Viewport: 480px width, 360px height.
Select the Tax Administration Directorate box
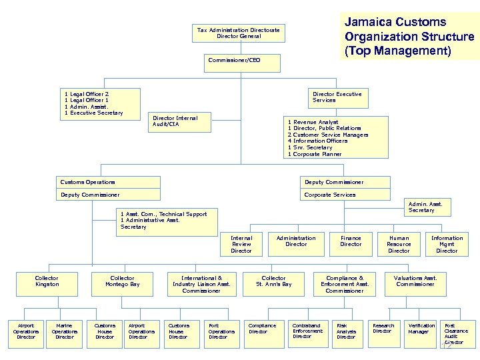(239, 33)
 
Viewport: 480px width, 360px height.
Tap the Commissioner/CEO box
(234, 61)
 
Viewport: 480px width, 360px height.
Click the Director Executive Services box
(337, 97)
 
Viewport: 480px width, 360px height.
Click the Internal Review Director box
(241, 244)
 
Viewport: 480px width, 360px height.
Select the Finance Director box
(351, 241)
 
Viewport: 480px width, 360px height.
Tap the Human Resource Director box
(399, 244)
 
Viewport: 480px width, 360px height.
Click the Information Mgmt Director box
(447, 244)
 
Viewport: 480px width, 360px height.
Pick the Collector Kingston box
(47, 281)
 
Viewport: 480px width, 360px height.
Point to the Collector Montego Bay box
(122, 281)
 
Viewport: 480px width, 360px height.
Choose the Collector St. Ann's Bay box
(273, 281)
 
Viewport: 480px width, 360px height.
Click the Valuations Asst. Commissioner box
(415, 281)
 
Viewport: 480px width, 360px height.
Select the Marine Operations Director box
(65, 331)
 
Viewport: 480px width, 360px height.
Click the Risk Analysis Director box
(347, 331)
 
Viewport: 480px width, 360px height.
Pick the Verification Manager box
(421, 329)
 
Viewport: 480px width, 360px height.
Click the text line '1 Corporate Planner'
(315, 154)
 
